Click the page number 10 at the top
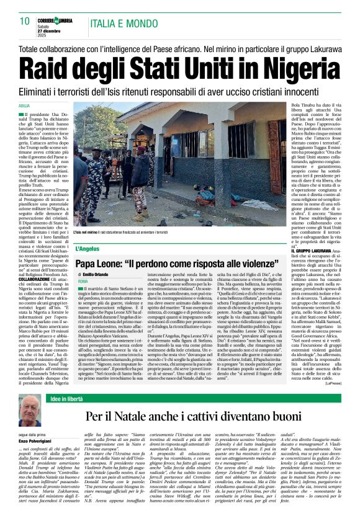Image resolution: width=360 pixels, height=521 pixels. click(24, 22)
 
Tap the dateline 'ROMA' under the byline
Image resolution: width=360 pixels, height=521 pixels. click(83, 281)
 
